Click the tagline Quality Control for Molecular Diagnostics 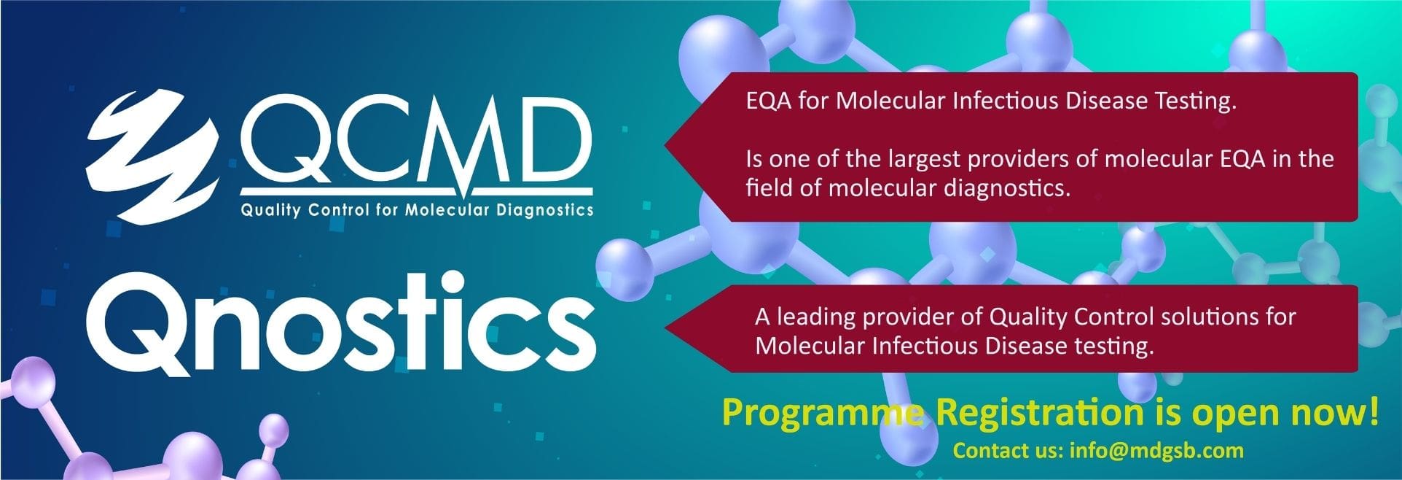[x=417, y=211]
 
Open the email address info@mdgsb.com [x=1156, y=451]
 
